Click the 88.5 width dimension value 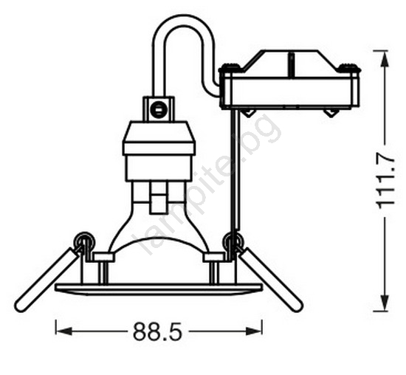157,331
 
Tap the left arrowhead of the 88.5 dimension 63,331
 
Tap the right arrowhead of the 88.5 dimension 254,331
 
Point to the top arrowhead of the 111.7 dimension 385,60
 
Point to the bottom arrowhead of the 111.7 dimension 385,303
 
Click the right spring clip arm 271,280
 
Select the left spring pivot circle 83,240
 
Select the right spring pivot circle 233,240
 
